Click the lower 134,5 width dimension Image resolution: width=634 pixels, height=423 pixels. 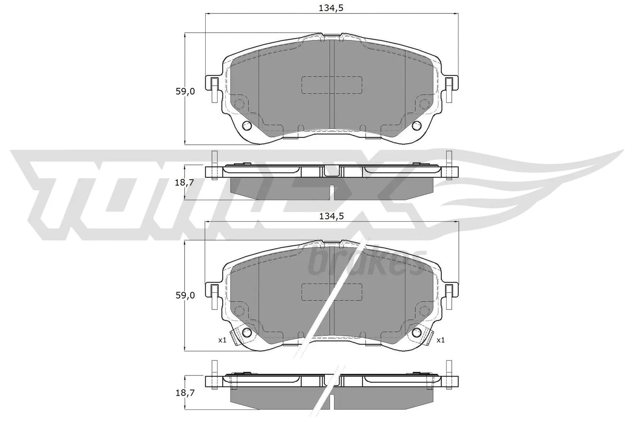tap(331, 216)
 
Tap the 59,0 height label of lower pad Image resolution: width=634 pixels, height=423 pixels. tap(185, 295)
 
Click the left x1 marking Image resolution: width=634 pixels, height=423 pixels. tap(222, 340)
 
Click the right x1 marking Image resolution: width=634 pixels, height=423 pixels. tap(440, 340)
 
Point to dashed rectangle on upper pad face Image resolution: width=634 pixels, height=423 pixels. tap(332, 85)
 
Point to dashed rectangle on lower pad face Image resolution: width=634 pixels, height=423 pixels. tap(332, 292)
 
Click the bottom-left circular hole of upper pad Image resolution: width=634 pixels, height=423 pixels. tap(247, 126)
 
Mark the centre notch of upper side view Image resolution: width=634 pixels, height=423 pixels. tap(332, 171)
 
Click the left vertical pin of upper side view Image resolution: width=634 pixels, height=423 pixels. tap(214, 165)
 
